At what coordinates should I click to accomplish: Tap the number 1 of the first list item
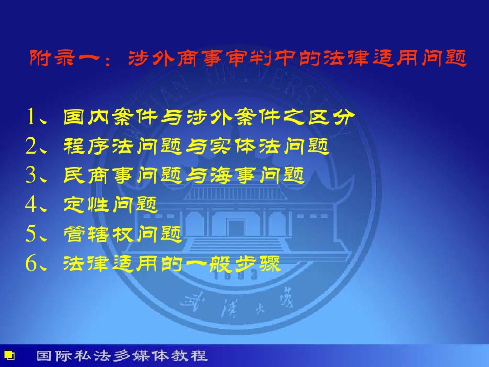point(31,117)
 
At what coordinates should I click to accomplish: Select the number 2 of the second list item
point(31,146)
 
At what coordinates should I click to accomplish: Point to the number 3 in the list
point(31,176)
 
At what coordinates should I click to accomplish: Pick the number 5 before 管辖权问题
point(31,234)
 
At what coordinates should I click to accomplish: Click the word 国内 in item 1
point(86,117)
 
